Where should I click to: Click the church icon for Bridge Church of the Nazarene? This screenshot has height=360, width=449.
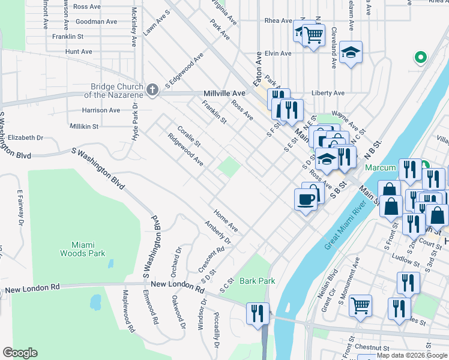(x=152, y=89)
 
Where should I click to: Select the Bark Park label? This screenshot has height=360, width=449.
(x=257, y=281)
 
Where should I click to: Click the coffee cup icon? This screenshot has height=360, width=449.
(x=306, y=199)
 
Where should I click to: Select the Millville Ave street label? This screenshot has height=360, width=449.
(x=224, y=94)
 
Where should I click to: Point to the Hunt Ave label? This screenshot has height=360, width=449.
(x=79, y=52)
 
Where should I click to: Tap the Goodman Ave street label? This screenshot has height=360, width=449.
(x=95, y=21)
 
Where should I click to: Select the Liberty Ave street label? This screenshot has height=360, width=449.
(x=328, y=93)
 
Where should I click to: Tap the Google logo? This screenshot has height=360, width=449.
(x=20, y=353)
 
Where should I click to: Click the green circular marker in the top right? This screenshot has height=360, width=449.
(x=421, y=58)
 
